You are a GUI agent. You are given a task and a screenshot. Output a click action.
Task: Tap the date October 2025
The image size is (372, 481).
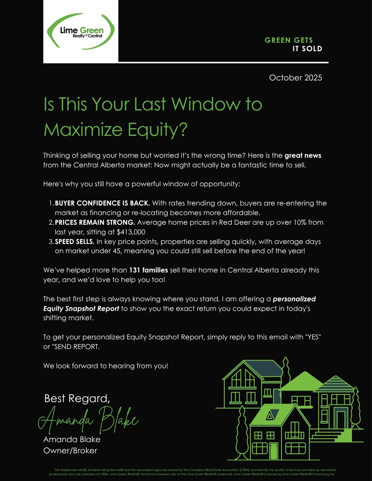(x=295, y=78)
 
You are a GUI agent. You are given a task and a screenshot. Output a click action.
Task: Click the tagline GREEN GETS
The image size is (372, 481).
(x=288, y=40)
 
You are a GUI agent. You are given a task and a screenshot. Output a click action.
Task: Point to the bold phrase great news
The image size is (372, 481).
(x=303, y=155)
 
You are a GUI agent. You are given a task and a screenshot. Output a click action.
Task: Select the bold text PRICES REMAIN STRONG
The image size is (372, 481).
(x=95, y=222)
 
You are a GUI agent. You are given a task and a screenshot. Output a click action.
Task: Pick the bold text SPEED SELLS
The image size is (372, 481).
(x=75, y=242)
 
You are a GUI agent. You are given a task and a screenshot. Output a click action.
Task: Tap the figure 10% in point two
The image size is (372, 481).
(x=293, y=222)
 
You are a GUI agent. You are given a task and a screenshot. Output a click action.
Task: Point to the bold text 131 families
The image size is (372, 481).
(x=148, y=270)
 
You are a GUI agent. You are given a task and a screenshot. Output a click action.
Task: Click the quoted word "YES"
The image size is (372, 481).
(x=313, y=337)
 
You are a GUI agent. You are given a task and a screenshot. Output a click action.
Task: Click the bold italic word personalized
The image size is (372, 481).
(x=294, y=299)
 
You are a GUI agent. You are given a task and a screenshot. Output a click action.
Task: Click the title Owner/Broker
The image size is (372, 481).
(x=70, y=451)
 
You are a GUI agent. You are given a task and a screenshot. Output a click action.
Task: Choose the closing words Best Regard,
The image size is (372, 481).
(x=77, y=398)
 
